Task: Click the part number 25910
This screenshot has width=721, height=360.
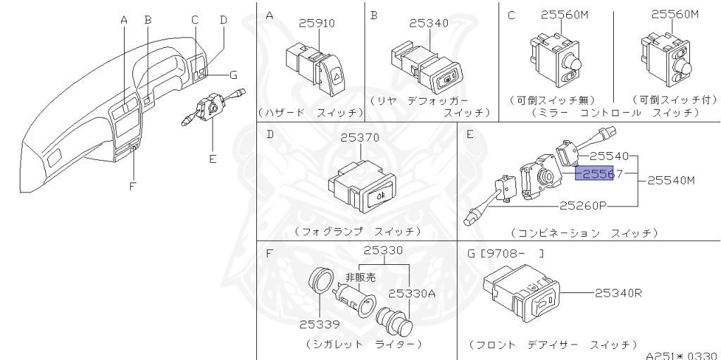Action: click(316, 23)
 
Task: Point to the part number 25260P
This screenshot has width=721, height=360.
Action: click(584, 206)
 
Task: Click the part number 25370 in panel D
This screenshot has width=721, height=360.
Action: click(360, 139)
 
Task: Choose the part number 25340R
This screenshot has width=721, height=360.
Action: click(617, 293)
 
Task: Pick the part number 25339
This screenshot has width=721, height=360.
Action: click(318, 325)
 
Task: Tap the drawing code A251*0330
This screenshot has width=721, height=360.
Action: click(682, 354)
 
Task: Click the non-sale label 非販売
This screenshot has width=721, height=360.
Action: click(360, 278)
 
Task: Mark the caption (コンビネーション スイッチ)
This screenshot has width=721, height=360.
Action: click(584, 232)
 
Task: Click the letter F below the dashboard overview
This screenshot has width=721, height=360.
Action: click(132, 185)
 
